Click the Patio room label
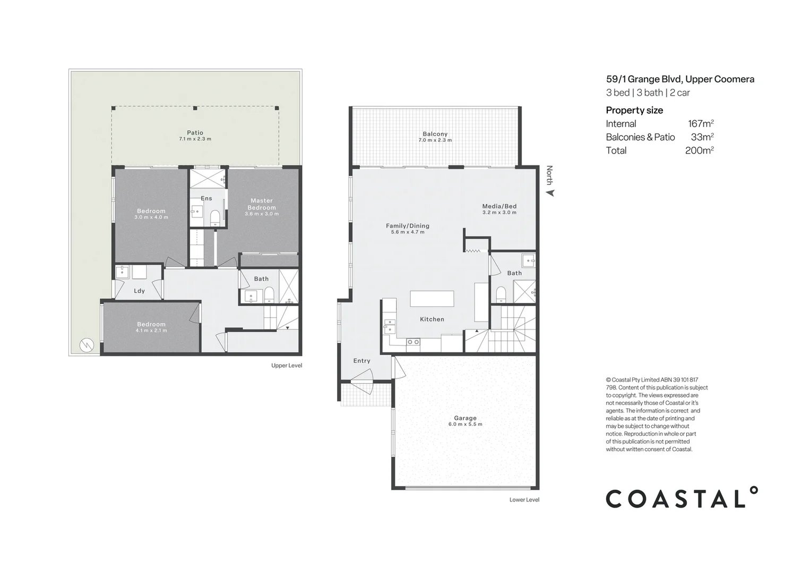click(195, 133)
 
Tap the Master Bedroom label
click(262, 204)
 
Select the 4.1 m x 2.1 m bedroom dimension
click(151, 331)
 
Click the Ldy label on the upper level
click(139, 291)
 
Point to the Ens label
click(206, 198)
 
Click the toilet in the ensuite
click(215, 217)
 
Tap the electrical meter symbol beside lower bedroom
click(86, 345)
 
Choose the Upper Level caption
click(286, 366)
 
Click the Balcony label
click(435, 134)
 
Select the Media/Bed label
click(499, 206)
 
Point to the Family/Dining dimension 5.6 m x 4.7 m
click(408, 232)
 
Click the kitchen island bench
click(432, 299)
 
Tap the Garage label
click(465, 418)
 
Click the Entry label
click(362, 361)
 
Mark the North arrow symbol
click(550, 193)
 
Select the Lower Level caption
click(524, 500)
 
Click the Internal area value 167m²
click(701, 124)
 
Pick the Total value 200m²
click(699, 150)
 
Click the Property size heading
click(634, 111)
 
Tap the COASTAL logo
click(681, 498)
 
